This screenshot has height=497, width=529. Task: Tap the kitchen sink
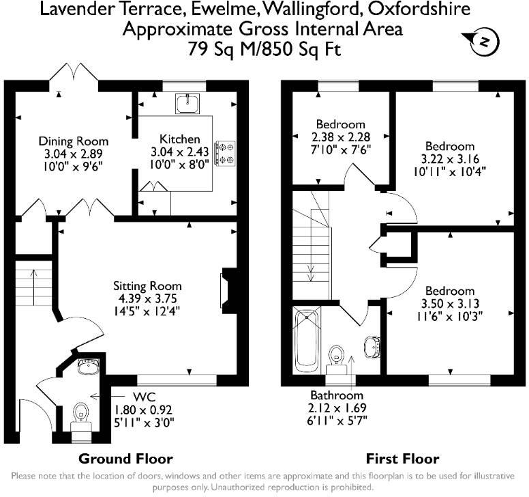tap(187, 103)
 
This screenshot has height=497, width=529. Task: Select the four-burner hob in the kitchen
tap(225, 153)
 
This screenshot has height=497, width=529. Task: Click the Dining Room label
tap(74, 141)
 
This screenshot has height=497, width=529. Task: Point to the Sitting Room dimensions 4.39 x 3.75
tap(147, 298)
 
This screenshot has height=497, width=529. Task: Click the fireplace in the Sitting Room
tap(229, 291)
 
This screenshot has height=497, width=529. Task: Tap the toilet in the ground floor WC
tap(80, 417)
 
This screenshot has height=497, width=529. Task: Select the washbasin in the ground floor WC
tap(88, 366)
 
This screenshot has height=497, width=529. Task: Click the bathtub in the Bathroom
tap(307, 341)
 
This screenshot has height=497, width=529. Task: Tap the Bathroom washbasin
tap(372, 347)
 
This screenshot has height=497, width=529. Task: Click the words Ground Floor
tap(125, 459)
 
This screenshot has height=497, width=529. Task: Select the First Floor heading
tap(402, 459)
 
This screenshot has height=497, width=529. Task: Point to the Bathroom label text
tap(337, 395)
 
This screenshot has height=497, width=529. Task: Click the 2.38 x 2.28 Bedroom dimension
tap(341, 137)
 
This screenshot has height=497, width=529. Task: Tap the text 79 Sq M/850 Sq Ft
tap(264, 49)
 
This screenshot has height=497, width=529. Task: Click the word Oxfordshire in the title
tap(419, 9)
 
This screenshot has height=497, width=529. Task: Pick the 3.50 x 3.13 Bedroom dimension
tap(450, 303)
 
